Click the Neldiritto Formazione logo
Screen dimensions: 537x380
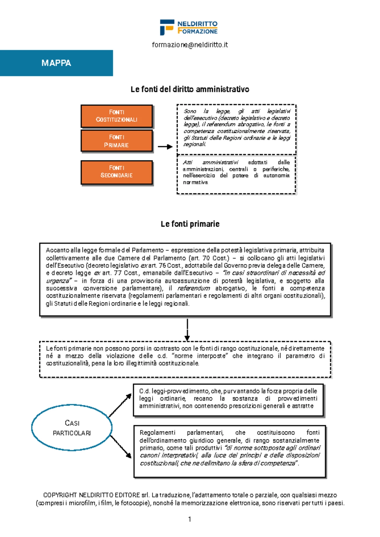pyautogui.click(x=189, y=27)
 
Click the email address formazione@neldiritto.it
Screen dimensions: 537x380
pyautogui.click(x=190, y=45)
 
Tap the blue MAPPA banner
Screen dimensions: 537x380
pyautogui.click(x=56, y=63)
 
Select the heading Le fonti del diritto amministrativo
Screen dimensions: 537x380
pyautogui.click(x=190, y=89)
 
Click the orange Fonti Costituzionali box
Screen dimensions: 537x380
pyautogui.click(x=117, y=116)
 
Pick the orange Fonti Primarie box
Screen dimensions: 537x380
pyautogui.click(x=117, y=141)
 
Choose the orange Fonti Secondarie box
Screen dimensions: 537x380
pyautogui.click(x=117, y=172)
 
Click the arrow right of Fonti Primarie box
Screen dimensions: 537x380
pyautogui.click(x=165, y=147)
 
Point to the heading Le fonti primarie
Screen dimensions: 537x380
pyautogui.click(x=190, y=224)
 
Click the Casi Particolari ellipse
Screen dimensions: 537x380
pyautogui.click(x=72, y=428)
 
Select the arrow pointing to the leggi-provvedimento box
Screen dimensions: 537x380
pyautogui.click(x=120, y=405)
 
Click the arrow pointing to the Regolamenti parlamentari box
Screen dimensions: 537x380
pyautogui.click(x=121, y=447)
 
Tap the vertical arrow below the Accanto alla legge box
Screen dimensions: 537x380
pyautogui.click(x=187, y=329)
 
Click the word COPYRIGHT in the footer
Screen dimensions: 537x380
pyautogui.click(x=60, y=495)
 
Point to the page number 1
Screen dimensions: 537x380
pyautogui.click(x=189, y=519)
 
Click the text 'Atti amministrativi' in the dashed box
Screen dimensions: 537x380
pyautogui.click(x=210, y=162)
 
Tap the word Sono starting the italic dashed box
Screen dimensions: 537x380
pyautogui.click(x=190, y=111)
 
